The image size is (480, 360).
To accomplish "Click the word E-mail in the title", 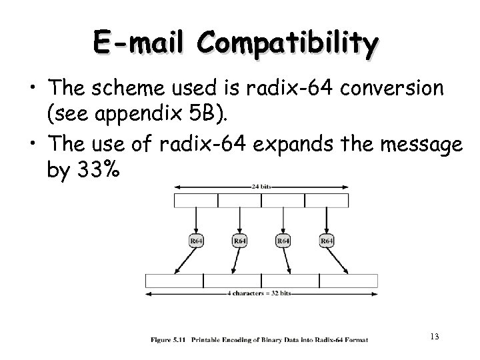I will [142, 41].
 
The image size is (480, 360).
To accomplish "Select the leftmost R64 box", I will [196, 240].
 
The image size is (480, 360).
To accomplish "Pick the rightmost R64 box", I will [327, 240].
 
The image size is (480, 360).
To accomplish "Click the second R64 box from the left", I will [239, 240].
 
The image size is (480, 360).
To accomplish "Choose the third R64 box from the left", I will [283, 240].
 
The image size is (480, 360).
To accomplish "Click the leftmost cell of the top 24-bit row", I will [195, 201].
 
